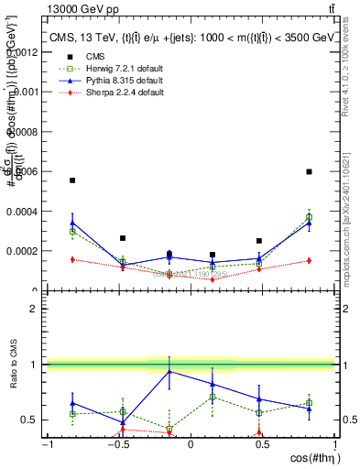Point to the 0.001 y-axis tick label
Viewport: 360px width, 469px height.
click(27, 92)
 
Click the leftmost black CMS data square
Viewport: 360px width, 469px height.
click(72, 180)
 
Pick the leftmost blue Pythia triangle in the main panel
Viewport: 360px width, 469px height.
click(72, 223)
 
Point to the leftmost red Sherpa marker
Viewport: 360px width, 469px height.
click(72, 259)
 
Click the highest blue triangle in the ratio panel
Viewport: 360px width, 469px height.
click(169, 371)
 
